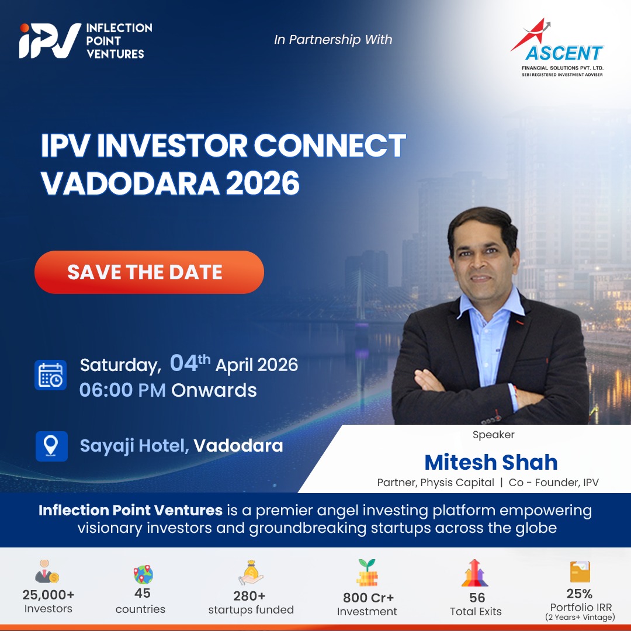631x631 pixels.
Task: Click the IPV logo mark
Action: [50, 40]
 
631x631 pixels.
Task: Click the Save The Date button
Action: [150, 272]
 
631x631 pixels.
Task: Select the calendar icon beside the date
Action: [50, 375]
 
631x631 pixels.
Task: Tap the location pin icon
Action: [51, 446]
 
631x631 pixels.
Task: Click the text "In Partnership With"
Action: [333, 40]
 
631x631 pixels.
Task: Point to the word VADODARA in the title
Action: [130, 183]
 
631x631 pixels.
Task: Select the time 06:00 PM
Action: [122, 390]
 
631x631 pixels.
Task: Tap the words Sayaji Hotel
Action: [134, 446]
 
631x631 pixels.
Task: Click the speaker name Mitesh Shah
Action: [491, 462]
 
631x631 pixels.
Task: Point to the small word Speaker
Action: [493, 435]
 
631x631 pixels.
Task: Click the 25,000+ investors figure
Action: [48, 594]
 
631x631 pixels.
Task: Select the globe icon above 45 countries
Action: [143, 574]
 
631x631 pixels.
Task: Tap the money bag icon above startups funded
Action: [251, 573]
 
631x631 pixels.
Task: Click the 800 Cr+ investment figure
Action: [368, 598]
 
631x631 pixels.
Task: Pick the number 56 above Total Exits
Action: [477, 598]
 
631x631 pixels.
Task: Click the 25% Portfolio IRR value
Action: [580, 594]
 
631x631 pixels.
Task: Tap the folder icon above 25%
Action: [580, 572]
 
